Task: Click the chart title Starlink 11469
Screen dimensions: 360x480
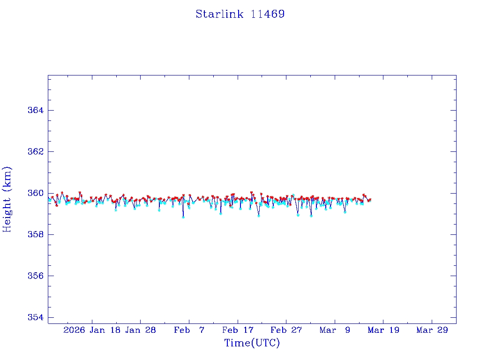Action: pyautogui.click(x=240, y=14)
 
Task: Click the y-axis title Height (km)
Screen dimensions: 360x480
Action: pyautogui.click(x=7, y=199)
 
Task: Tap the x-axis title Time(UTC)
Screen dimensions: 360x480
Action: pyautogui.click(x=252, y=343)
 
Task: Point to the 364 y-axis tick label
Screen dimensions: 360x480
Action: pyautogui.click(x=36, y=110)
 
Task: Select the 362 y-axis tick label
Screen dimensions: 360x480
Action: pyautogui.click(x=36, y=152)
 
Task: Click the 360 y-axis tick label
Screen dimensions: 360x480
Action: pyautogui.click(x=36, y=193)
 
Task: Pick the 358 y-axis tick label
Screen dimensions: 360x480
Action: pyautogui.click(x=36, y=234)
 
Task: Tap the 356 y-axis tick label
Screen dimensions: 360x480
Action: pyautogui.click(x=36, y=276)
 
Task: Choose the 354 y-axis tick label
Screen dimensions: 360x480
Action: pyautogui.click(x=36, y=317)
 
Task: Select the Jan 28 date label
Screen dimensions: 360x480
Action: pyautogui.click(x=140, y=330)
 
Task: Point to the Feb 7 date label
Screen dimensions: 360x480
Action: pyautogui.click(x=189, y=330)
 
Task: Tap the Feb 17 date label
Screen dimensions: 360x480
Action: pyautogui.click(x=238, y=330)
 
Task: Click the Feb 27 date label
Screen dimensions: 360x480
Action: pyautogui.click(x=286, y=330)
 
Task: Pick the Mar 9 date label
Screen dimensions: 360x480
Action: pyautogui.click(x=335, y=330)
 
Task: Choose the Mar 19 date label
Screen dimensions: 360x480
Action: pyautogui.click(x=383, y=330)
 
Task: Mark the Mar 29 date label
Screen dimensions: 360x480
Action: pyautogui.click(x=432, y=330)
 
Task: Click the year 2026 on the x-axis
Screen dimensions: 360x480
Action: pyautogui.click(x=74, y=330)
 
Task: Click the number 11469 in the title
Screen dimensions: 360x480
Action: pyautogui.click(x=268, y=14)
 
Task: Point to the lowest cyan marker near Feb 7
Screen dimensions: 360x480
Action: pyautogui.click(x=183, y=217)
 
